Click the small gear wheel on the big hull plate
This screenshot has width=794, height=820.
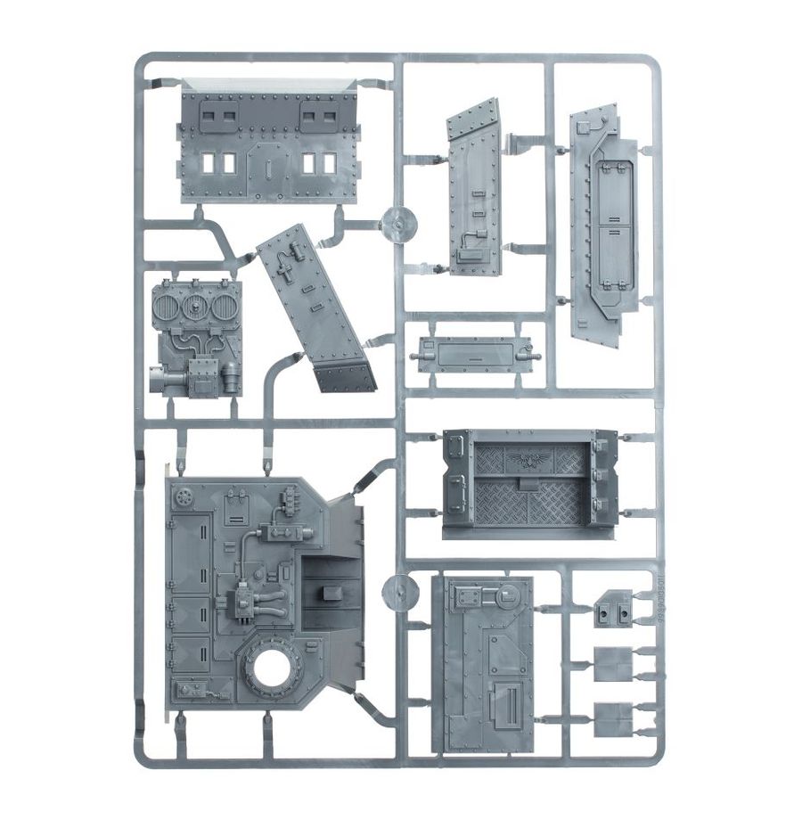(185, 495)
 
